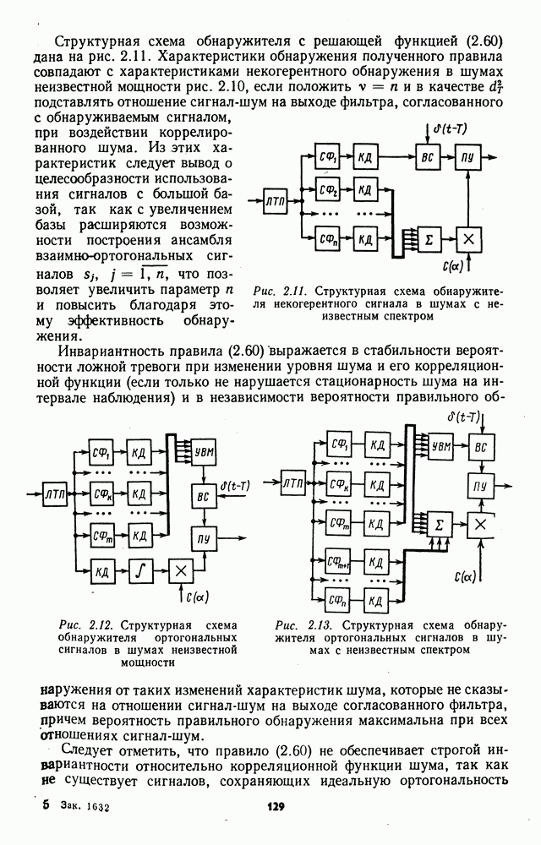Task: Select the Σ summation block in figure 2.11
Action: (429, 239)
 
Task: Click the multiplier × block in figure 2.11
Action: (468, 239)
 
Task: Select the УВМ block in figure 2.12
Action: (204, 454)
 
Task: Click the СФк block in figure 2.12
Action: (102, 493)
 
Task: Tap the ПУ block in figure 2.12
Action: (204, 538)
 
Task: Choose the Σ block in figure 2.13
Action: (440, 525)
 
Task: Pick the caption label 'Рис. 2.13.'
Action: (298, 625)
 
